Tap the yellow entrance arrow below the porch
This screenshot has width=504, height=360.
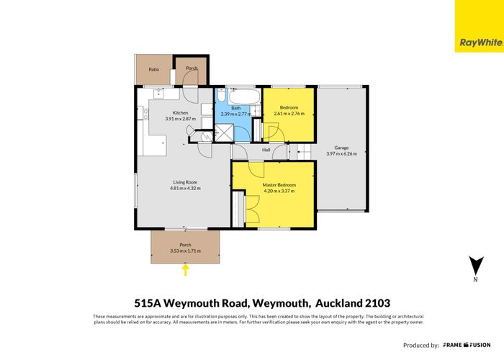[x=186, y=270]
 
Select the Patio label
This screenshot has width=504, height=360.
[x=153, y=70]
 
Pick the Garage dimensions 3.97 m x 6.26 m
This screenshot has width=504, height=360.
[x=341, y=153]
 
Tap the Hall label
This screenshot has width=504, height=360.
[x=266, y=150]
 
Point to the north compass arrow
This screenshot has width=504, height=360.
[x=474, y=265]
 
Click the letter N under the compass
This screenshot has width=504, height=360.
[x=474, y=279]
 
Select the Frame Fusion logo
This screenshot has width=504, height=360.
[x=467, y=345]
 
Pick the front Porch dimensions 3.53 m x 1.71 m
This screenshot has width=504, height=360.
[x=185, y=251]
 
